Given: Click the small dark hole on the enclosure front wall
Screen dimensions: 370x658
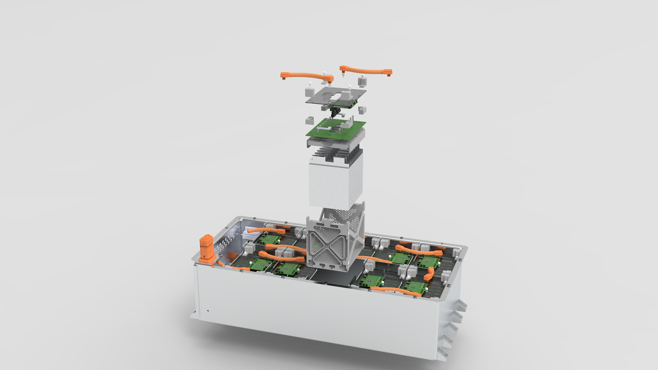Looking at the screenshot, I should click(208, 311).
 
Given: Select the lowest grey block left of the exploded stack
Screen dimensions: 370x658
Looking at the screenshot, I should click(310, 120).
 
